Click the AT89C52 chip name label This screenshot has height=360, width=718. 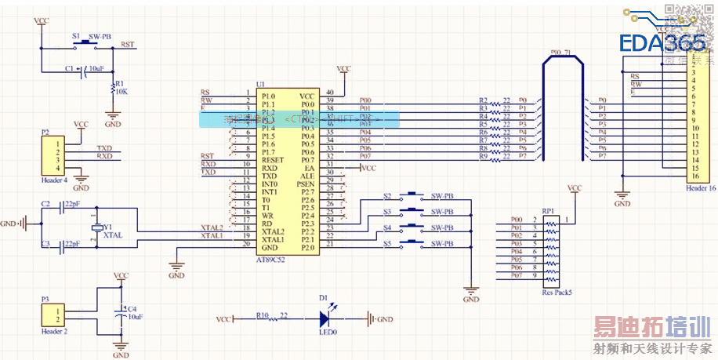pos(271,257)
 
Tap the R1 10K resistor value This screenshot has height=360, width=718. pos(121,92)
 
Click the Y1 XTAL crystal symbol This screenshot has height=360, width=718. pos(96,227)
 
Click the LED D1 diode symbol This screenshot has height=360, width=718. pos(325,319)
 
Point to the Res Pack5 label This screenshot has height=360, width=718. pos(557,293)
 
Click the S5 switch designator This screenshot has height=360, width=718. pos(387,243)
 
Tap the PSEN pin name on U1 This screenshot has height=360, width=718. pos(306,184)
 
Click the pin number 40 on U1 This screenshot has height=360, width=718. pos(330,93)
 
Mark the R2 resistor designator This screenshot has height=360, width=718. pos(483,100)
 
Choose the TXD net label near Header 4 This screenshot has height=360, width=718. pos(104,147)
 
